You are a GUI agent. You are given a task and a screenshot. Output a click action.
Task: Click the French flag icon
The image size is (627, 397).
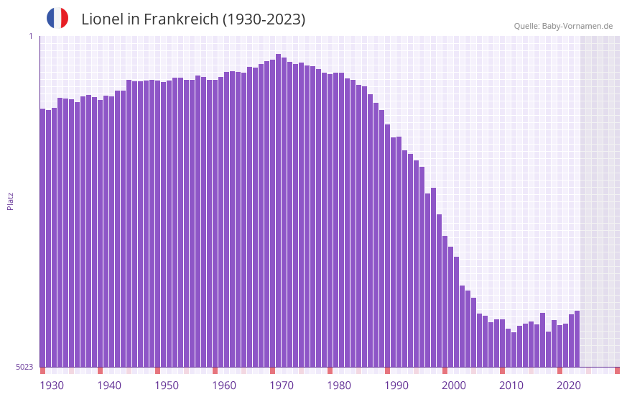coord(57,19)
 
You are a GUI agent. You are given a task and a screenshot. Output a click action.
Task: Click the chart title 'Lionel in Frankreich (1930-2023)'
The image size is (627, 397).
coord(193,19)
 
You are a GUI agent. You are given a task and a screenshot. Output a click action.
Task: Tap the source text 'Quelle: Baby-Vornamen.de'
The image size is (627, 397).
coord(563,26)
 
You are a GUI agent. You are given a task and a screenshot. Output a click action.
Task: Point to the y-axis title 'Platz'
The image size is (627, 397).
coord(10,201)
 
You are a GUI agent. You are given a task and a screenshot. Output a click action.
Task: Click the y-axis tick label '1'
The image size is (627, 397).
coord(31,36)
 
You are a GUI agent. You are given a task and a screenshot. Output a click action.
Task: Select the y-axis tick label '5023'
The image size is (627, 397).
coord(24,367)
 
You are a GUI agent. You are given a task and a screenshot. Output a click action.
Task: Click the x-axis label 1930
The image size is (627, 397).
coord(52,385)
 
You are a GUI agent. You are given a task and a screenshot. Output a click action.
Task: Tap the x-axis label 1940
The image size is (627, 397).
coord(109,385)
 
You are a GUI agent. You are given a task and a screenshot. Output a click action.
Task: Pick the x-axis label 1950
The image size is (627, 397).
coord(167,385)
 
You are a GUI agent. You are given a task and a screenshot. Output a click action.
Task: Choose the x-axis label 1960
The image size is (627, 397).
coord(224,385)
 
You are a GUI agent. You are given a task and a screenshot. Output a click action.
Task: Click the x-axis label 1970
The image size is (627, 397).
coord(282,385)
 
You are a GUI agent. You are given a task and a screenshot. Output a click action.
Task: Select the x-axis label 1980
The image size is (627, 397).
coord(339,385)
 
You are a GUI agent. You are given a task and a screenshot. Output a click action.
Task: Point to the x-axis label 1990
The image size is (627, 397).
coord(396,385)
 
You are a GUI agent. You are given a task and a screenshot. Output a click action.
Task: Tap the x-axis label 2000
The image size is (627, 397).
coord(454,385)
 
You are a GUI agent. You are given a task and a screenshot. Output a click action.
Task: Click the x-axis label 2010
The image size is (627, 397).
coord(511,385)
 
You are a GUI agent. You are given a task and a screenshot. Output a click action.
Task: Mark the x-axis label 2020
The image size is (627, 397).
coord(569,385)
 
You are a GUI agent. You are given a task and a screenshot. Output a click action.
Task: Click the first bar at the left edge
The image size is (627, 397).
coord(42,237)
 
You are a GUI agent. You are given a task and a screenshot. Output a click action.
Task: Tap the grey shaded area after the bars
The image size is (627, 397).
coord(600,201)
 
